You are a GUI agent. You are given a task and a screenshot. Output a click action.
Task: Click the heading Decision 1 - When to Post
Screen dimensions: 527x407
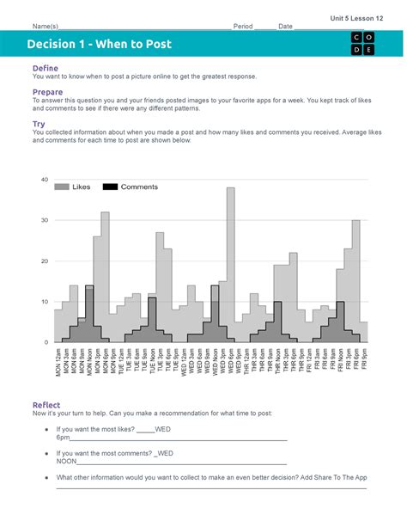pyautogui.click(x=99, y=44)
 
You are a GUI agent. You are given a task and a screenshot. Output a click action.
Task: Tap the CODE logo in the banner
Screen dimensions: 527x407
pyautogui.click(x=361, y=44)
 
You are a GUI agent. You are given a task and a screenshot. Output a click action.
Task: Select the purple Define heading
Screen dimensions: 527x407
pyautogui.click(x=45, y=68)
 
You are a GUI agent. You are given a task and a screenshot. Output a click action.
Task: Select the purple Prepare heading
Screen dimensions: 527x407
pyautogui.click(x=47, y=92)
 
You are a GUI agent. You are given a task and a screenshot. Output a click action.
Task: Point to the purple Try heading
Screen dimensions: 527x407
pyautogui.click(x=39, y=124)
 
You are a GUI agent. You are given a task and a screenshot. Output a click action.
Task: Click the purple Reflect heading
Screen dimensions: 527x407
pyautogui.click(x=46, y=405)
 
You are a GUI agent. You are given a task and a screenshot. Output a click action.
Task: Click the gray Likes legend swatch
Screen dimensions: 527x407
pyautogui.click(x=62, y=187)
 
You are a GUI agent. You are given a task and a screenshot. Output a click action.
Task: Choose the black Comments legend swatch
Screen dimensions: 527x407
pyautogui.click(x=110, y=187)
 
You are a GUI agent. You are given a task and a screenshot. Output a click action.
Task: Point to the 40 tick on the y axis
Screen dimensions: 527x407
pyautogui.click(x=44, y=180)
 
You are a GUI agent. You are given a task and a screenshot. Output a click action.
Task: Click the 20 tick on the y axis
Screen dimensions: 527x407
pyautogui.click(x=44, y=261)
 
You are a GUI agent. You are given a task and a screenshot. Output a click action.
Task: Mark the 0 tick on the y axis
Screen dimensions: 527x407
pyautogui.click(x=46, y=342)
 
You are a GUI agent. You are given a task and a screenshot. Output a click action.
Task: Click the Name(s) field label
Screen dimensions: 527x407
pyautogui.click(x=46, y=27)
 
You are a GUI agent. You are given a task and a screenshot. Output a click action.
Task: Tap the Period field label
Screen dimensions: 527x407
pyautogui.click(x=243, y=27)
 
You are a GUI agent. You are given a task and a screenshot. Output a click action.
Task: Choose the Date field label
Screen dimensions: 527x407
pyautogui.click(x=285, y=27)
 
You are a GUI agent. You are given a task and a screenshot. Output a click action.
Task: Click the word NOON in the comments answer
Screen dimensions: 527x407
pyautogui.click(x=67, y=461)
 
